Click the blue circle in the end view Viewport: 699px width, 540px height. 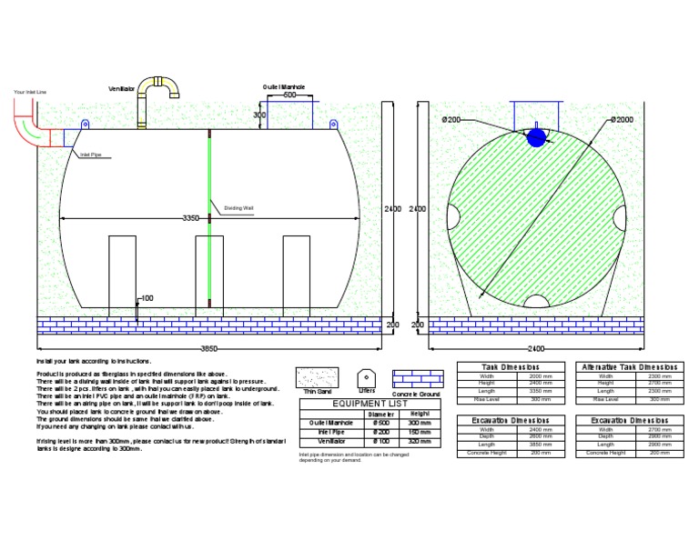(x=537, y=137)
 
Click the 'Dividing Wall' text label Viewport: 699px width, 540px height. (x=238, y=208)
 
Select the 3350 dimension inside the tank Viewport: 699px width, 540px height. (x=190, y=218)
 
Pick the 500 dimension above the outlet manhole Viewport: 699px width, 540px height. (x=289, y=95)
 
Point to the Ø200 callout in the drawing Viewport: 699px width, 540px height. (x=451, y=120)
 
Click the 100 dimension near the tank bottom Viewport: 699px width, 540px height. (x=147, y=298)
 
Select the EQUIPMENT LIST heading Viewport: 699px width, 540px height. (x=372, y=403)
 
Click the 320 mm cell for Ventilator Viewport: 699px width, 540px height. (x=419, y=442)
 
